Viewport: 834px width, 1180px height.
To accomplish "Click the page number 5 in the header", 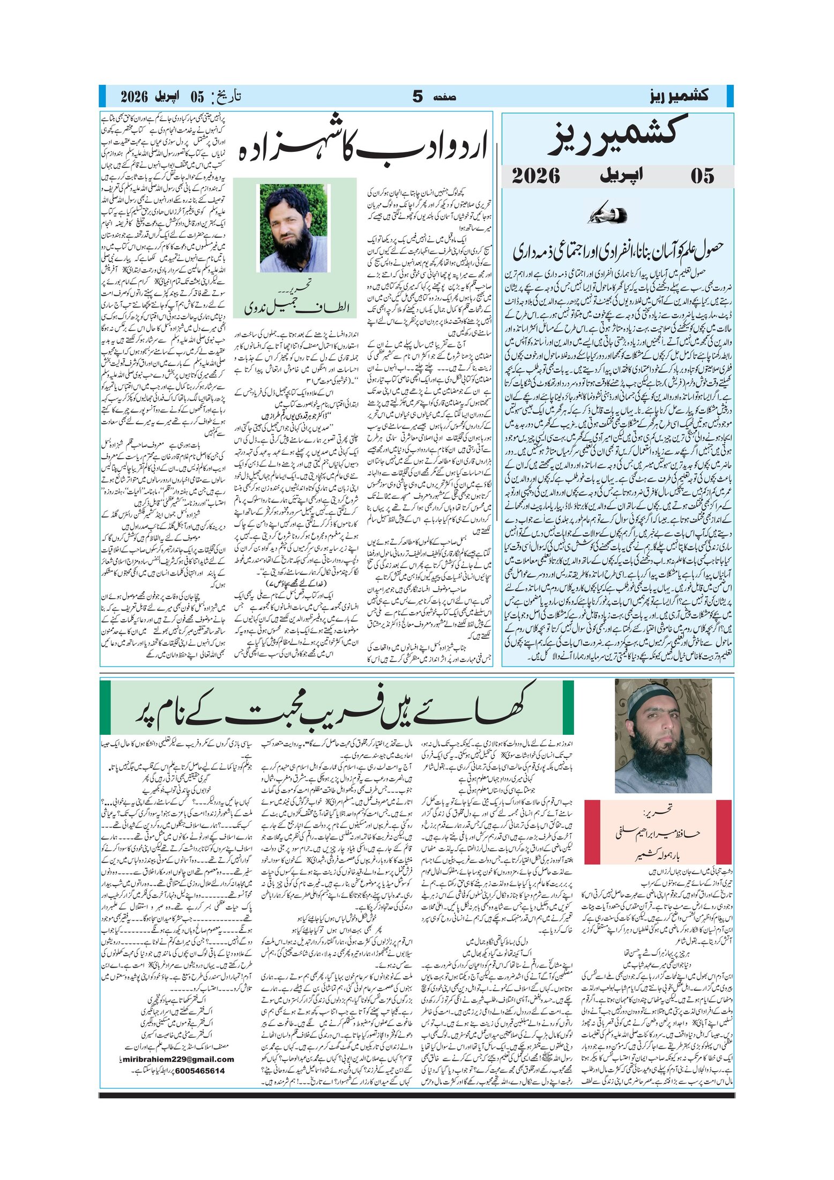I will (x=418, y=97).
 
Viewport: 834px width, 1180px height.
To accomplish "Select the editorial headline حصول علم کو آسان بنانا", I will (x=618, y=249).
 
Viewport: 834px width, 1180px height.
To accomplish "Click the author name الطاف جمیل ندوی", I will (x=296, y=307).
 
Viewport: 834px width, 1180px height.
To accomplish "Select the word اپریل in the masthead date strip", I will (x=623, y=176).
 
